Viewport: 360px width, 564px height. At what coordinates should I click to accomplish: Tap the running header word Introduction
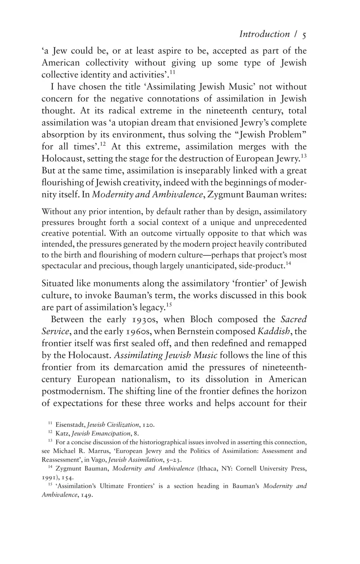click(x=264, y=34)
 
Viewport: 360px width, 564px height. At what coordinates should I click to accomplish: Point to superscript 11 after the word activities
click(x=172, y=72)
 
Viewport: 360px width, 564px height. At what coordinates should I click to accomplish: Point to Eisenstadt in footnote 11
click(x=68, y=425)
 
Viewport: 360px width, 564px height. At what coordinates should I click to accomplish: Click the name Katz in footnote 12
click(x=62, y=434)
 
